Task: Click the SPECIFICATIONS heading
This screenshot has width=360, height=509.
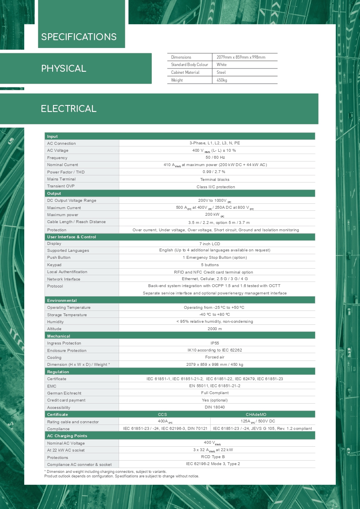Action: [x=79, y=37]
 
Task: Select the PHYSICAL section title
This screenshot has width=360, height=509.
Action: [x=64, y=68]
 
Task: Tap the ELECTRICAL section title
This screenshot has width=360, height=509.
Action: [x=69, y=109]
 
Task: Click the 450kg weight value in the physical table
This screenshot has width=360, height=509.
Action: [x=222, y=80]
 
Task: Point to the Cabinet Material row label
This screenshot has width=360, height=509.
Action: [x=185, y=73]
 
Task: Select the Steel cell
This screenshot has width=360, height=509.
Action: [x=221, y=73]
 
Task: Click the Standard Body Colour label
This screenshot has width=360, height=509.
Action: [x=190, y=65]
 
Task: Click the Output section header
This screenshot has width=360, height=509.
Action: [x=54, y=194]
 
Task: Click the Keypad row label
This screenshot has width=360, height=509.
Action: [x=54, y=265]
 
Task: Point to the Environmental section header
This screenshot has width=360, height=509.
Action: [x=62, y=301]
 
